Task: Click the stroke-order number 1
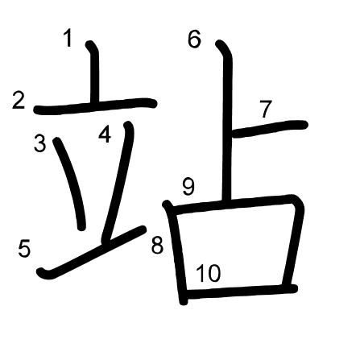(x=68, y=38)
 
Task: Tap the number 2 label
(x=19, y=101)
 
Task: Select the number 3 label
(x=39, y=143)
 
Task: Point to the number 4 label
(x=105, y=134)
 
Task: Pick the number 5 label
(x=24, y=249)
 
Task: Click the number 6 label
(x=194, y=39)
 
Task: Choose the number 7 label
(x=266, y=109)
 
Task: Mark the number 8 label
(x=157, y=246)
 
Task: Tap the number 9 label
(x=188, y=186)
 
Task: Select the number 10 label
(x=209, y=273)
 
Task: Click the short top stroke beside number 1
(x=94, y=73)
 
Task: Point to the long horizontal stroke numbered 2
(x=95, y=106)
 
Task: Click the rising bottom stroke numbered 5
(x=91, y=252)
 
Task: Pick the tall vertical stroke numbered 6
(x=227, y=121)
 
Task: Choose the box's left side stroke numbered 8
(x=176, y=252)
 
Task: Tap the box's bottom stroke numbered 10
(x=242, y=292)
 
